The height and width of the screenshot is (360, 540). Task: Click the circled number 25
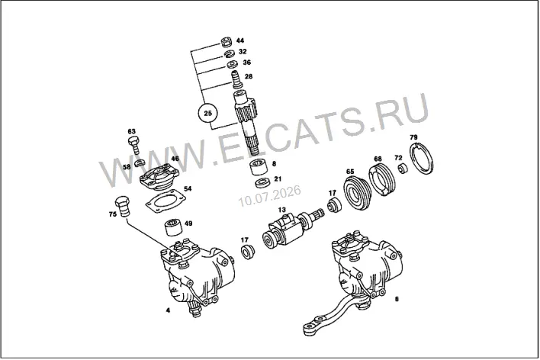point(208,113)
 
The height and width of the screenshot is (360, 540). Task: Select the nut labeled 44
point(227,41)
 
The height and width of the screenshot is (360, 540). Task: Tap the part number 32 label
point(243,52)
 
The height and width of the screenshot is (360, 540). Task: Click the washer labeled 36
point(232,64)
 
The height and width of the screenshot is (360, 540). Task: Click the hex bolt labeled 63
point(134,145)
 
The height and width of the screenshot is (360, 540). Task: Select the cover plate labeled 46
point(159,178)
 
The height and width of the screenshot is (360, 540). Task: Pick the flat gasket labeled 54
point(166,204)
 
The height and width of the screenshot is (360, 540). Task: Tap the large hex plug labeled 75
point(122,206)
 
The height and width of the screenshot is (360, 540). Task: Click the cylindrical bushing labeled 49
point(174,227)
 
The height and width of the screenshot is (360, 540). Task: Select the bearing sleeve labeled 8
point(259,168)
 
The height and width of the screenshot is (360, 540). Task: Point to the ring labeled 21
point(263,182)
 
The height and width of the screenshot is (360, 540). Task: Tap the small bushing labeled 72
point(403,169)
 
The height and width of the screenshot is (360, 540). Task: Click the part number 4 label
point(168,310)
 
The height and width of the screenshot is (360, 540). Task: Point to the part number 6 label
point(397,299)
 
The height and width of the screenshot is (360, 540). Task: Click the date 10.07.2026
point(270,196)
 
